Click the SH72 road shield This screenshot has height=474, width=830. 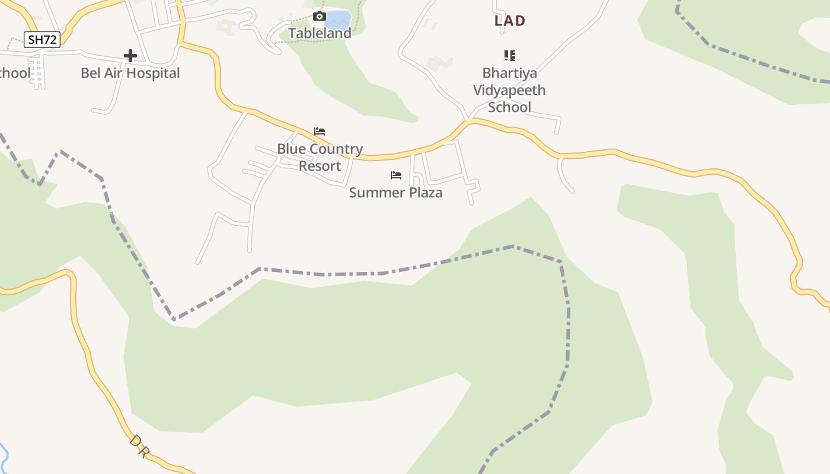[43, 40]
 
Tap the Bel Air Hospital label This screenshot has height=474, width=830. [130, 73]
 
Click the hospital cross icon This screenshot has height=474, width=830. [130, 56]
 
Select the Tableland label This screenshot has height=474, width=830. [320, 33]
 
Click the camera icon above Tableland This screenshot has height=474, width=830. [319, 16]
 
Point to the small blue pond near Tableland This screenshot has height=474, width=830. [339, 20]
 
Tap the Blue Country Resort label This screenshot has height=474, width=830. [320, 157]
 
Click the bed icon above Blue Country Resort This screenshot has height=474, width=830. [320, 131]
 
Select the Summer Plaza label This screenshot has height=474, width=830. [395, 193]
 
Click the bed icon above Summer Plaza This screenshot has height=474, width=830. [396, 175]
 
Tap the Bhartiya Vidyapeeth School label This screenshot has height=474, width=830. [509, 90]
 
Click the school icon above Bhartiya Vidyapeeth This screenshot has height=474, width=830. [509, 56]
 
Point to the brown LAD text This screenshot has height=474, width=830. [510, 21]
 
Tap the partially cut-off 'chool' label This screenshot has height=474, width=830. [14, 73]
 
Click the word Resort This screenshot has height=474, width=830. [320, 166]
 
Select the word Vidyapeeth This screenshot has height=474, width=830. [509, 91]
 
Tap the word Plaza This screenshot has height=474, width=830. [423, 193]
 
